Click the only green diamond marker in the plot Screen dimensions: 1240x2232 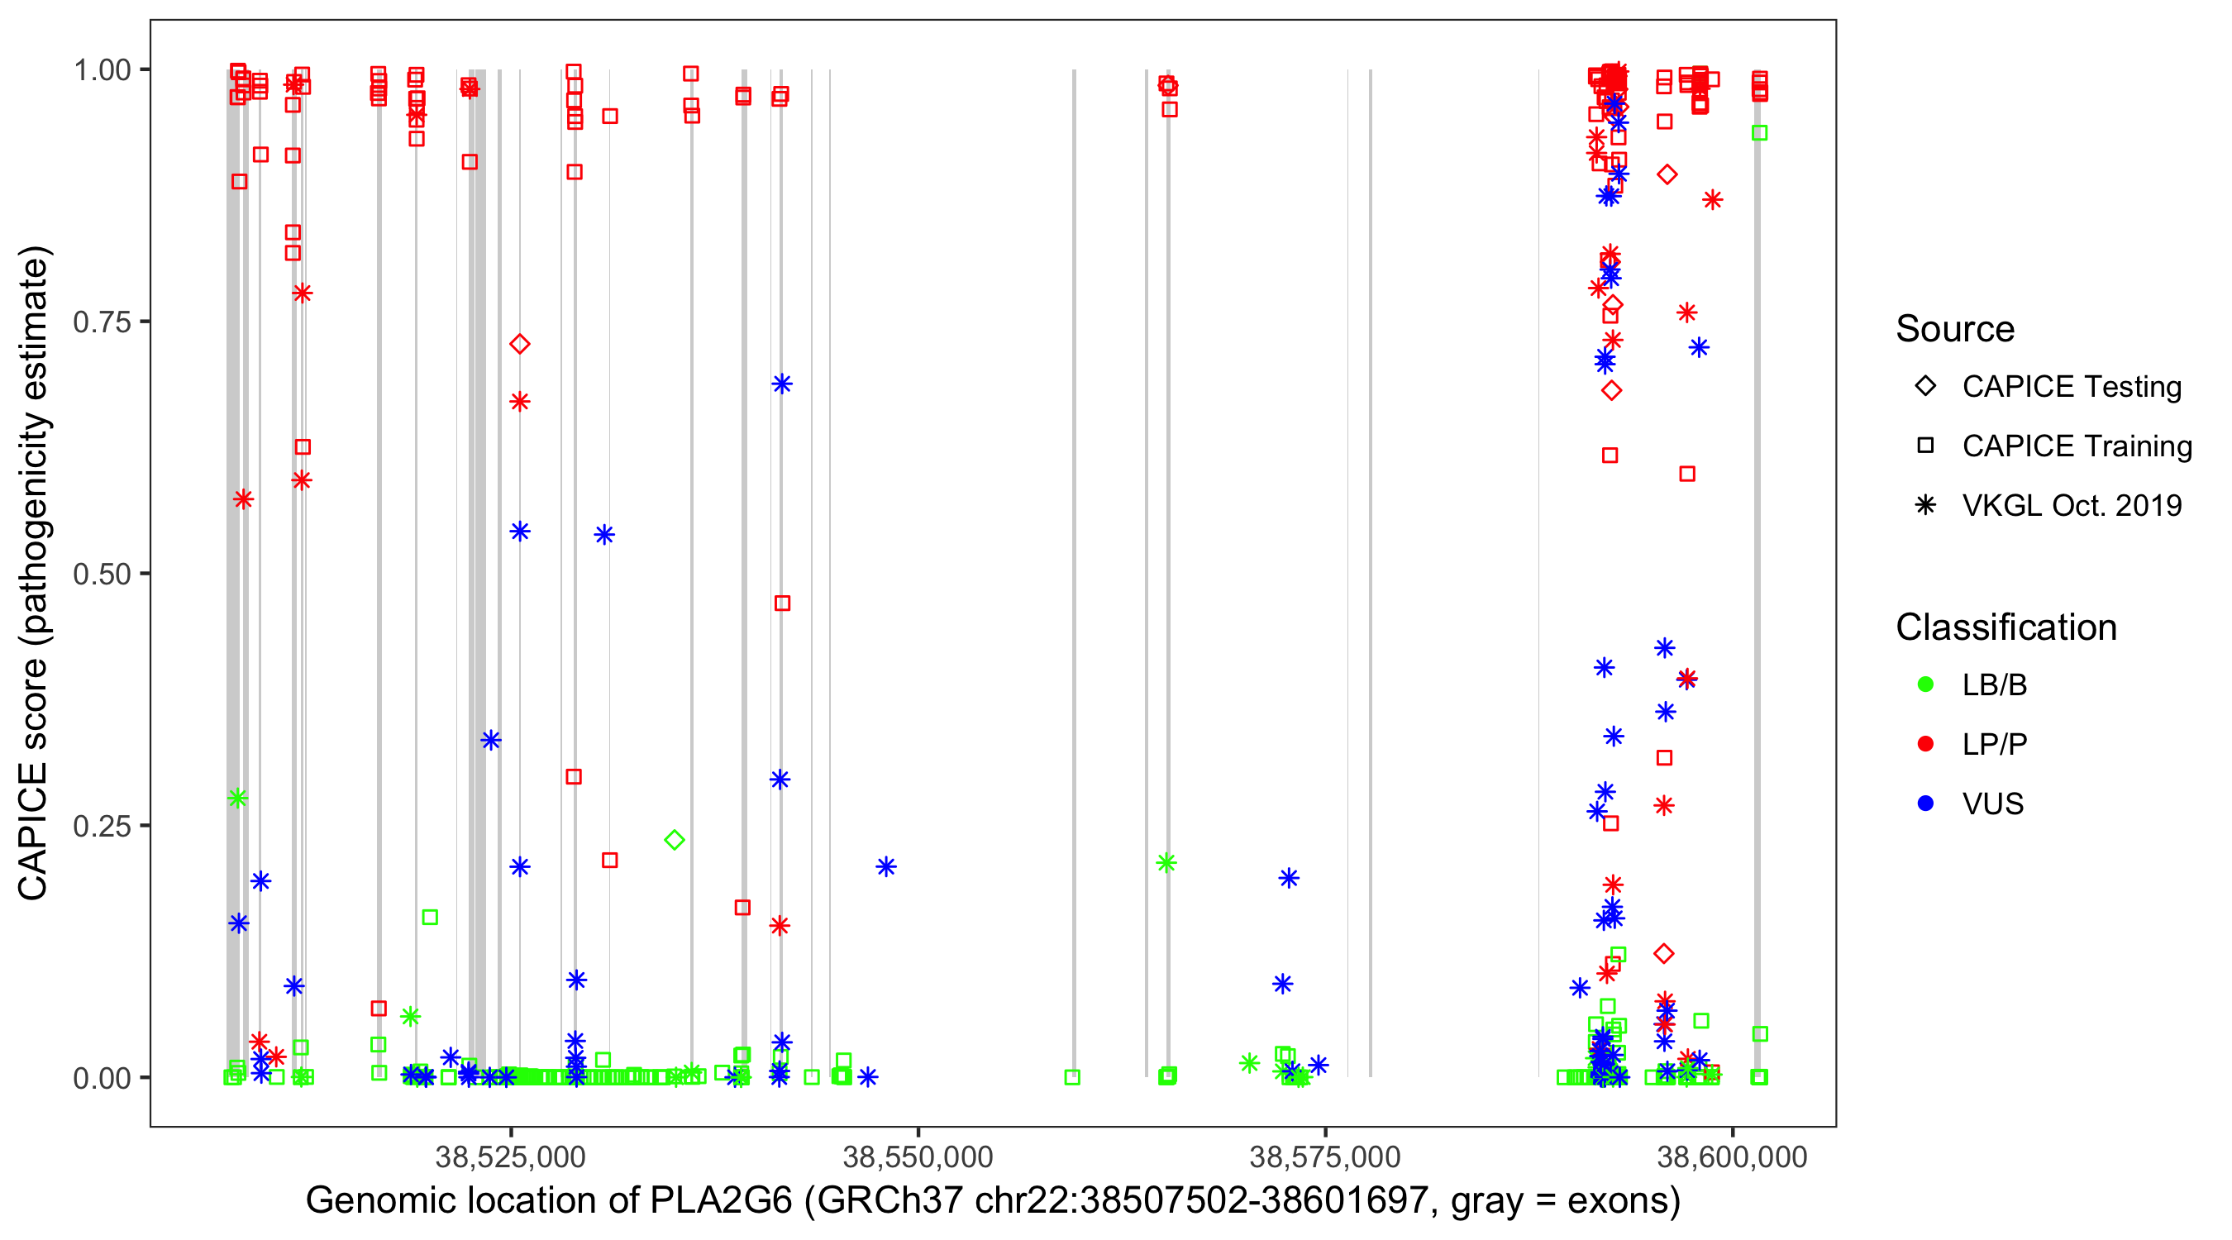[x=674, y=839]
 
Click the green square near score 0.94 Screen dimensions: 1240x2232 [x=1759, y=132]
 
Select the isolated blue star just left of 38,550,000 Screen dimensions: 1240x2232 [x=885, y=866]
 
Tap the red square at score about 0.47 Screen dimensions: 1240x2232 [x=781, y=603]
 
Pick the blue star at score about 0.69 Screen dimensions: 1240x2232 [x=781, y=384]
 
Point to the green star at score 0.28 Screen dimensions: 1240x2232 [x=237, y=798]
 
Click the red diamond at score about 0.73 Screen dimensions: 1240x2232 [x=519, y=344]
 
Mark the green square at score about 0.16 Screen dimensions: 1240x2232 [x=430, y=917]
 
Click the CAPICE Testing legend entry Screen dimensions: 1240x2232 [x=2071, y=387]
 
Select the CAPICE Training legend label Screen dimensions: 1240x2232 [x=2076, y=446]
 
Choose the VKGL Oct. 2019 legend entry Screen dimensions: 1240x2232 [x=2071, y=506]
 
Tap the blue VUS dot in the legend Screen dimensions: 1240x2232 [x=1925, y=804]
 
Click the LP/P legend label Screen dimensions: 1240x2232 [x=1994, y=744]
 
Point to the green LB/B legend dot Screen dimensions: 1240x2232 [x=1925, y=684]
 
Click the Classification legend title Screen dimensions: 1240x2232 [x=2005, y=627]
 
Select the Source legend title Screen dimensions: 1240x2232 [x=1955, y=329]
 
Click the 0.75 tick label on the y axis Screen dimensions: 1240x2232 [x=101, y=322]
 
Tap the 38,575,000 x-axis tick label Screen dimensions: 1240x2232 [x=1325, y=1157]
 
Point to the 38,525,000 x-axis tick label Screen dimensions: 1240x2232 [x=510, y=1157]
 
